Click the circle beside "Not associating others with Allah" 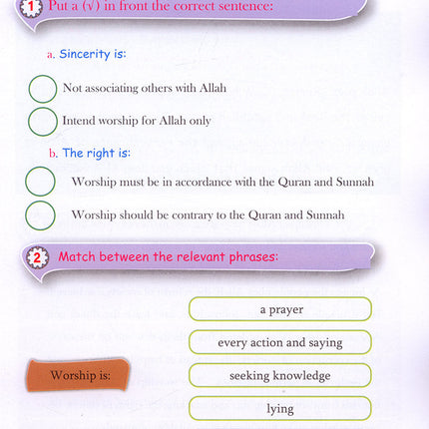click(43, 89)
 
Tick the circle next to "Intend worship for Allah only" click(43, 122)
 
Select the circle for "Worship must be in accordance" click(40, 182)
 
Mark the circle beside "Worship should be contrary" click(40, 214)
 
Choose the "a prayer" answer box click(280, 309)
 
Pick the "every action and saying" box click(280, 342)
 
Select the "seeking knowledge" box click(280, 376)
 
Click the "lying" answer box click(280, 409)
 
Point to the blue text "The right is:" click(96, 154)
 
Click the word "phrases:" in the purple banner click(249, 257)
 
